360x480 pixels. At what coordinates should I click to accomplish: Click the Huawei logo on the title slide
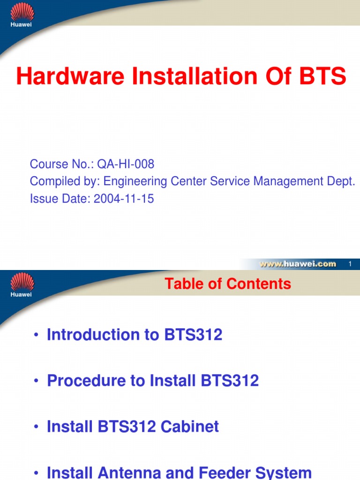(x=22, y=14)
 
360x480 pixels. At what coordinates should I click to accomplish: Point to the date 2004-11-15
(x=124, y=199)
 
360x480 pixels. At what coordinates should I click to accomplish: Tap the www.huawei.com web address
(x=298, y=264)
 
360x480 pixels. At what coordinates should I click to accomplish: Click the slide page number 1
(x=350, y=264)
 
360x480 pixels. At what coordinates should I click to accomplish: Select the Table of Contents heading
(x=228, y=284)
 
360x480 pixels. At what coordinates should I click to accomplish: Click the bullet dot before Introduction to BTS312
(x=36, y=336)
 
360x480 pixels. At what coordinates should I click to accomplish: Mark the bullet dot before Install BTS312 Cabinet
(x=36, y=427)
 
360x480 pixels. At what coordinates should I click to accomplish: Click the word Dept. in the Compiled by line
(x=340, y=181)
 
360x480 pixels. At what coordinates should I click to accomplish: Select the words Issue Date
(x=60, y=199)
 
